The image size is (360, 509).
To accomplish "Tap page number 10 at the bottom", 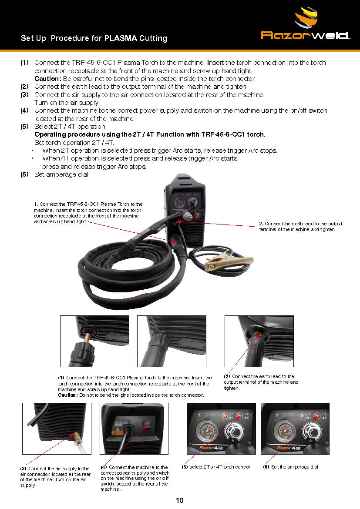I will tap(179, 500).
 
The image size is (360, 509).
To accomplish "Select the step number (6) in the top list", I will tap(25, 174).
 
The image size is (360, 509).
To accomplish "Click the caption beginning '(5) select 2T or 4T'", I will tap(216, 467).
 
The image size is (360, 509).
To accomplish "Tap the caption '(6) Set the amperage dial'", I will tap(291, 467).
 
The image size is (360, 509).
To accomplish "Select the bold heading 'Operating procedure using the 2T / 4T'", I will tap(150, 134).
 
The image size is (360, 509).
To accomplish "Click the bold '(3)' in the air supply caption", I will tap(23, 469).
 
